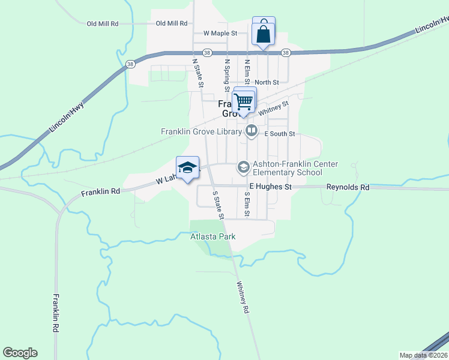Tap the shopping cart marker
[244, 101]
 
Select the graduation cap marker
[187, 169]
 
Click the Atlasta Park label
[213, 237]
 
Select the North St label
[267, 82]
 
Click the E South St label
[280, 134]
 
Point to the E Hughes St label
[270, 187]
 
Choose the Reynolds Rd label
[348, 187]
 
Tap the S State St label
[218, 205]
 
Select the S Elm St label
[246, 204]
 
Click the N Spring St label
[228, 74]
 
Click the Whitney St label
[273, 108]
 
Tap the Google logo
[20, 353]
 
